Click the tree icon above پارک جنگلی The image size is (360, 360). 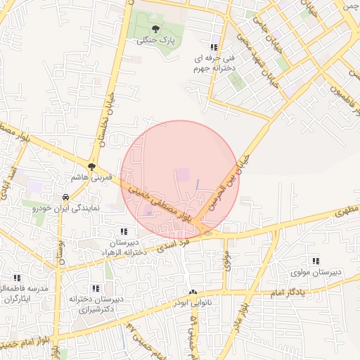(x=155, y=29)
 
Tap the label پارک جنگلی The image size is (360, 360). (x=155, y=41)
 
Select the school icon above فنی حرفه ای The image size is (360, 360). (x=214, y=47)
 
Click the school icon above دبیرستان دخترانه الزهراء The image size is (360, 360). (x=124, y=231)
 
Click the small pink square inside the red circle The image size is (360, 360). (x=182, y=173)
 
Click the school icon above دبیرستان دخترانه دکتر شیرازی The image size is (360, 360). (x=95, y=288)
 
